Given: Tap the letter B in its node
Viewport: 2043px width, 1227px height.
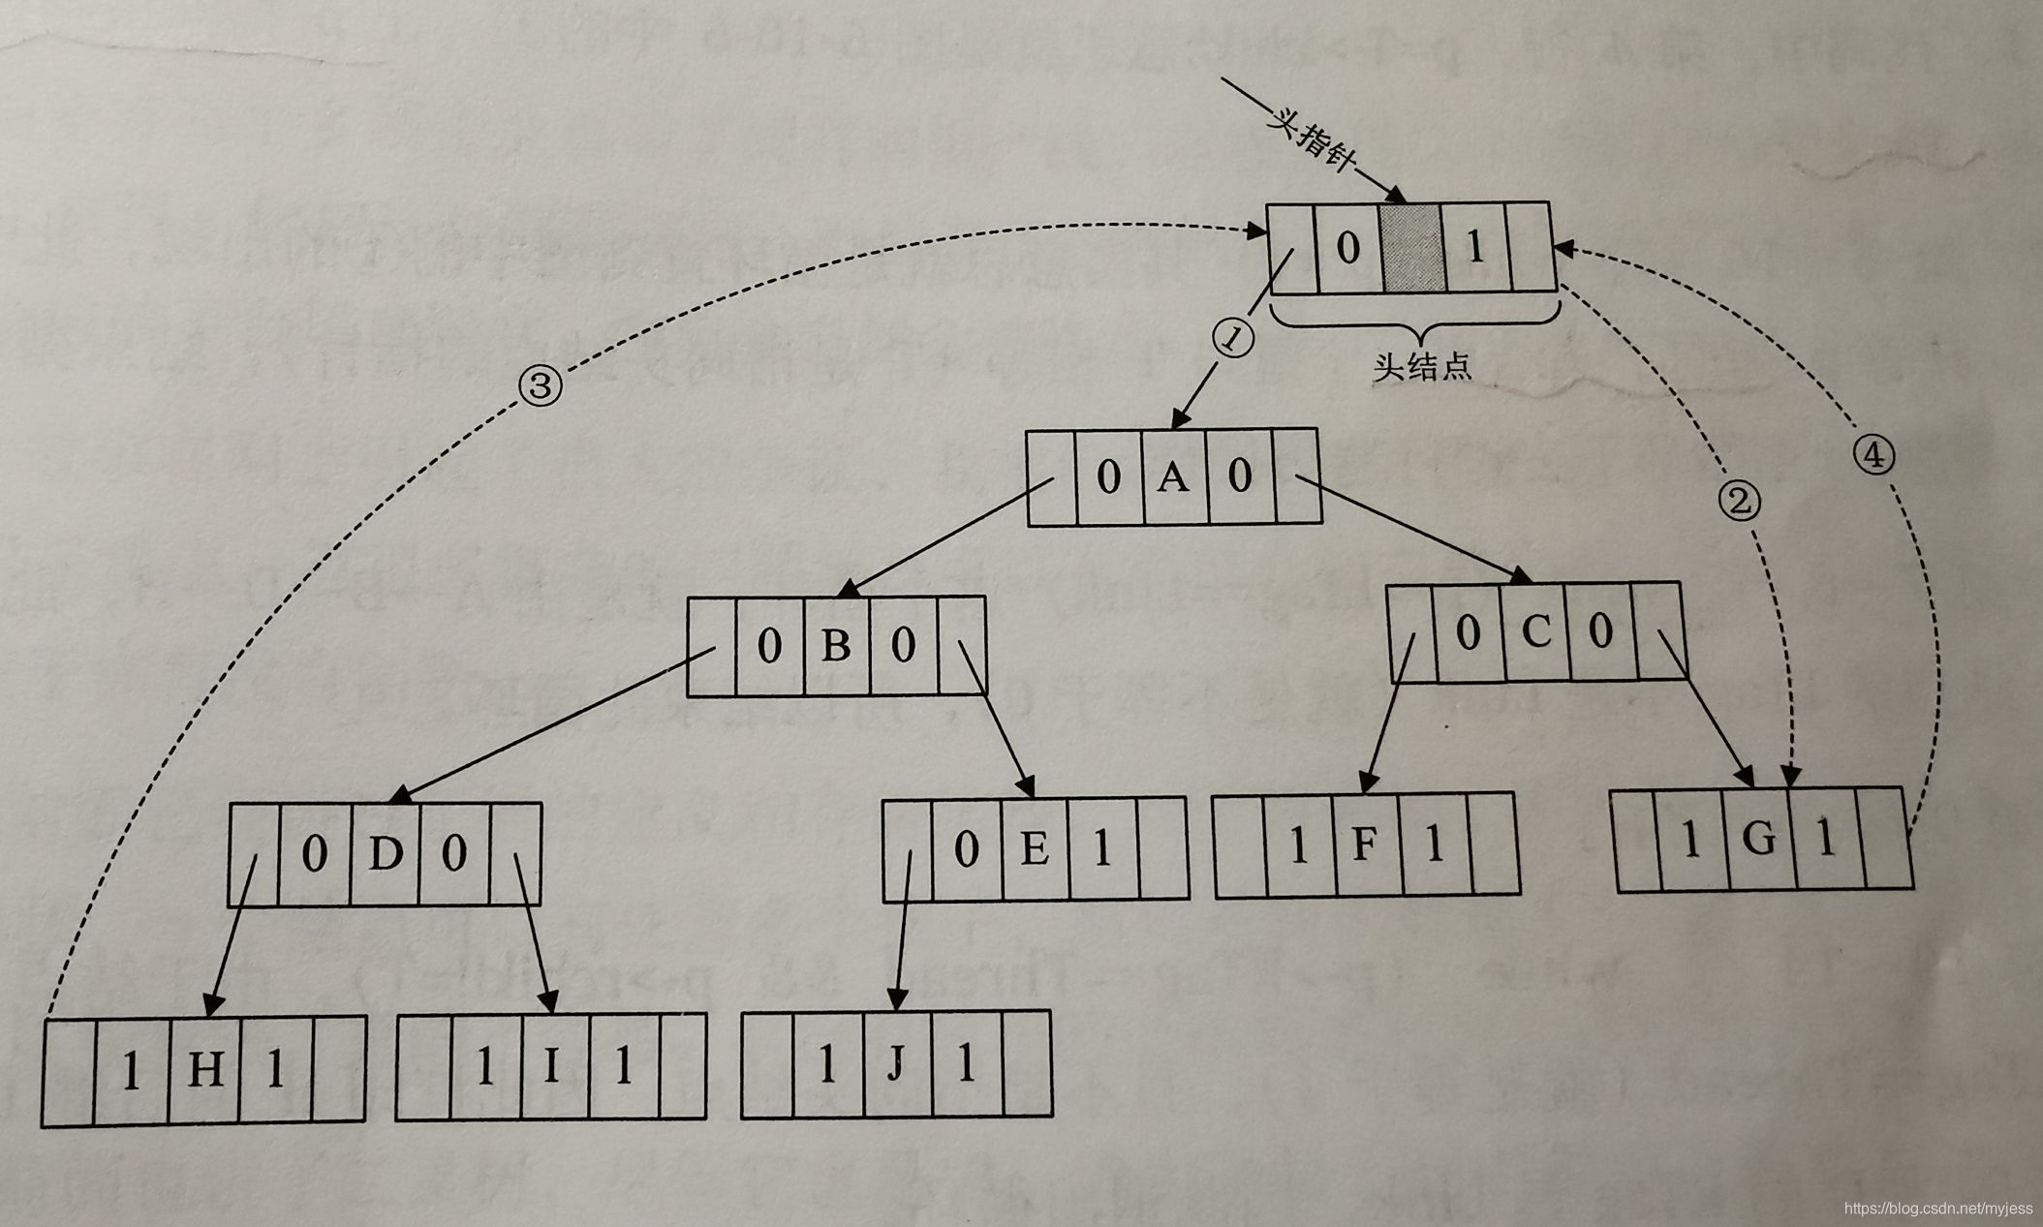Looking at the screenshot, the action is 835,646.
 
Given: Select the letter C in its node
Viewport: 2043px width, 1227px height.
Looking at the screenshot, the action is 1535,632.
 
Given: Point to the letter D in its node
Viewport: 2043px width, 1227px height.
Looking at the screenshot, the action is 385,854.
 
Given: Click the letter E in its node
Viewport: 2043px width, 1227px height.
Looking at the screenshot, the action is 1035,849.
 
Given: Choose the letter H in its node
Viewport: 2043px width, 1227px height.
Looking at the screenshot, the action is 204,1070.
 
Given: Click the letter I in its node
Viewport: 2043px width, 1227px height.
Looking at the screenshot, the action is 552,1065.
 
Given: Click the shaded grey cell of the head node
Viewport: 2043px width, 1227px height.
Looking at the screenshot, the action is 1411,248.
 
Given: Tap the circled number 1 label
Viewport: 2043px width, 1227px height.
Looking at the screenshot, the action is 1233,340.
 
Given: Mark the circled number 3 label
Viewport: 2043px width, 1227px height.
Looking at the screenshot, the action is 541,386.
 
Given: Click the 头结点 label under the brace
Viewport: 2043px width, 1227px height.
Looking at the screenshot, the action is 1421,367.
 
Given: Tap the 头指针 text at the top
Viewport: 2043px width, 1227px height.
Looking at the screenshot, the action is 1309,145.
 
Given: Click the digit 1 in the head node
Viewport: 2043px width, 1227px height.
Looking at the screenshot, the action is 1474,248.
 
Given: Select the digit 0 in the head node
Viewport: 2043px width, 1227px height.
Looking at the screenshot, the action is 1347,248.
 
